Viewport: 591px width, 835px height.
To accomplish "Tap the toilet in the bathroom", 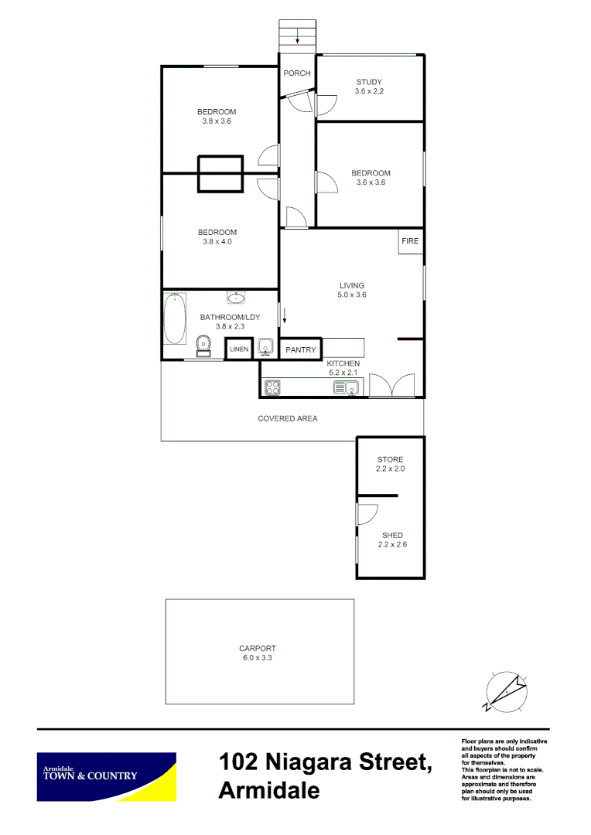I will click(204, 345).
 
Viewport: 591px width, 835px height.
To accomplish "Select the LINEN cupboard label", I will click(238, 349).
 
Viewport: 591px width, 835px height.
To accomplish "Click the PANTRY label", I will click(300, 350).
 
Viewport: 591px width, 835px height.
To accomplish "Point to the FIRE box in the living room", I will click(410, 241).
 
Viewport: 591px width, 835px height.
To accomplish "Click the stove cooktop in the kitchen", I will click(272, 388).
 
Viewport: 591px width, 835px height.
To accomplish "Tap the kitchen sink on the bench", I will click(344, 388).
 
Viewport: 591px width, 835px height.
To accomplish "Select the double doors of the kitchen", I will click(391, 385).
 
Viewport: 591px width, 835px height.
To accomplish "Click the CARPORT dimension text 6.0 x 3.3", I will click(258, 658).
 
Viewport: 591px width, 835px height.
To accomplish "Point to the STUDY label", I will click(369, 82).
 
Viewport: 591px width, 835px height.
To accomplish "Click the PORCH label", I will click(297, 73).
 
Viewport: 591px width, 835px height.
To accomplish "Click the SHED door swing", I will click(367, 513).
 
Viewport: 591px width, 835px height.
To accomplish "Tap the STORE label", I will click(390, 459).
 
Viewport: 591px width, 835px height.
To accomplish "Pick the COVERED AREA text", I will click(287, 418).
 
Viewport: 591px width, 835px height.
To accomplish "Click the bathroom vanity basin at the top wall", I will click(237, 298).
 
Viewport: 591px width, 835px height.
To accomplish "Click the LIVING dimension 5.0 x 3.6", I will click(351, 295).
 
